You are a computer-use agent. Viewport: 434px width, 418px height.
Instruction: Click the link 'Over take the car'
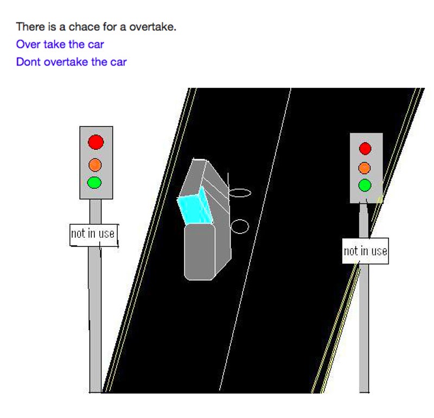(x=60, y=44)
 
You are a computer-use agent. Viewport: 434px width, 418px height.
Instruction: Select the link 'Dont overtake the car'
(x=71, y=62)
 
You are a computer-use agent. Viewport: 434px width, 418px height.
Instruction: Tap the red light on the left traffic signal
(x=96, y=142)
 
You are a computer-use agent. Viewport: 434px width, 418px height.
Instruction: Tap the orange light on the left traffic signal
(x=95, y=164)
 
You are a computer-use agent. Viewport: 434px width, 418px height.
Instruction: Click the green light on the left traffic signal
(x=95, y=182)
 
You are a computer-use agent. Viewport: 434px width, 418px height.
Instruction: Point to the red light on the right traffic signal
(x=365, y=148)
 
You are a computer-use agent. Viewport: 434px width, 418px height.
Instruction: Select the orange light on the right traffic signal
(x=365, y=168)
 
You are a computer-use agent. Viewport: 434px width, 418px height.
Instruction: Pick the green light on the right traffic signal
(x=365, y=185)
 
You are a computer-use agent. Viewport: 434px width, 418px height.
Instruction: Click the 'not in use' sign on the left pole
(x=93, y=234)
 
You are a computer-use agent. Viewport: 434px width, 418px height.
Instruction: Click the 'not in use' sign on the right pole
(x=365, y=251)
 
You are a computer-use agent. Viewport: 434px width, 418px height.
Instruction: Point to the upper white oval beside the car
(x=240, y=192)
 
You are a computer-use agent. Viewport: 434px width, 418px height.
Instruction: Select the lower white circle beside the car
(x=240, y=226)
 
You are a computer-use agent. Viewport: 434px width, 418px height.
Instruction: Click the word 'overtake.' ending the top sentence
(x=152, y=27)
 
